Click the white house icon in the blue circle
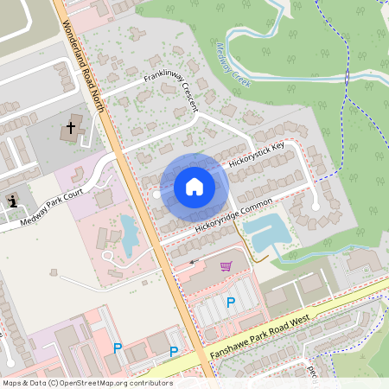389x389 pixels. tap(194, 187)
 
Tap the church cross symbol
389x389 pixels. tap(71, 129)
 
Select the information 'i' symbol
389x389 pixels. tap(14, 201)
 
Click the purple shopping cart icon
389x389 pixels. tap(226, 265)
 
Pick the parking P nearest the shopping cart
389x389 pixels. tap(230, 302)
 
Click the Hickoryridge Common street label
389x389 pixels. tap(233, 214)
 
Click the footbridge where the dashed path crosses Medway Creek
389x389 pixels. tap(348, 78)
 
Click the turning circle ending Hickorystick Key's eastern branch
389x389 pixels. tap(316, 206)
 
